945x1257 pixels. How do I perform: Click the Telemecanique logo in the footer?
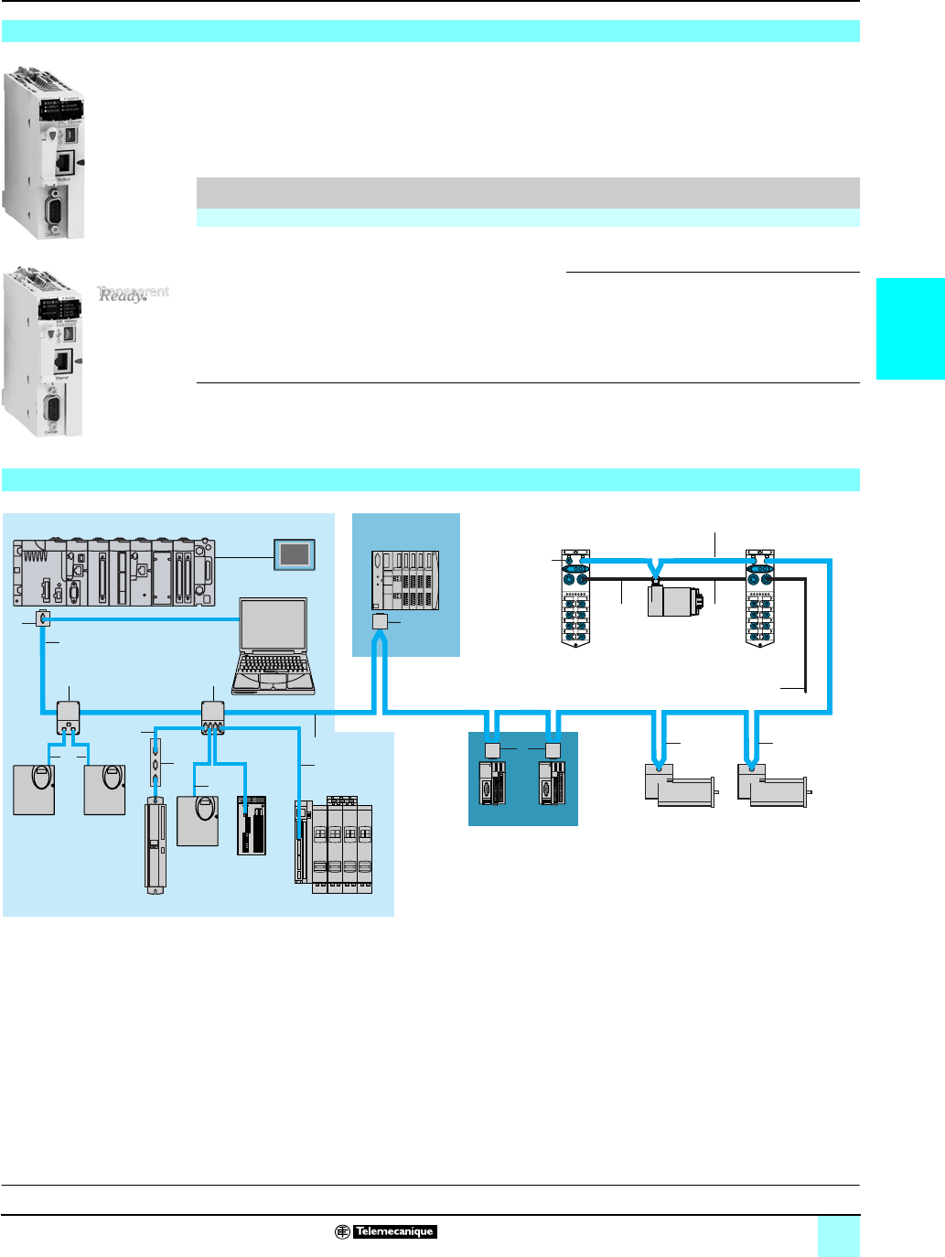[385, 1231]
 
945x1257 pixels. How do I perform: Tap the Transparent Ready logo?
[133, 294]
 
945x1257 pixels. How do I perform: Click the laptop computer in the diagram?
[274, 646]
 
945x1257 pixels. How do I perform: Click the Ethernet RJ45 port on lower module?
[63, 360]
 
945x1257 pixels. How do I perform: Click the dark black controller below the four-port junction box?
[252, 825]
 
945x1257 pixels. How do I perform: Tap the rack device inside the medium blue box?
[405, 581]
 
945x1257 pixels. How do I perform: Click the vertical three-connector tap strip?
[155, 758]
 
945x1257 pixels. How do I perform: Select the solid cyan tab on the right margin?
[910, 329]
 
